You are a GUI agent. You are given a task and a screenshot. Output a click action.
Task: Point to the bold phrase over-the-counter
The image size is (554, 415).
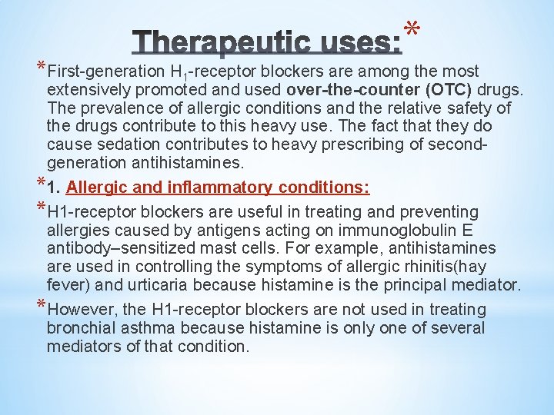[x=365, y=89]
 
